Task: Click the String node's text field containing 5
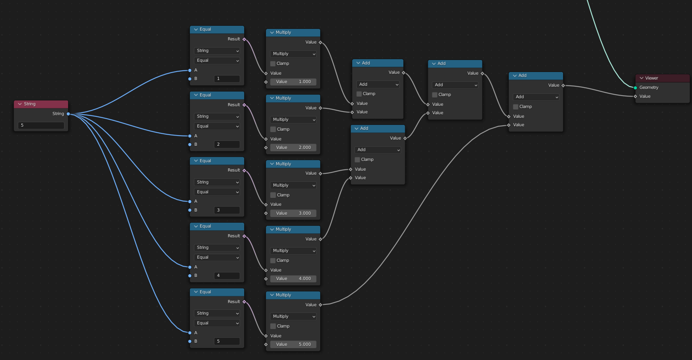pos(41,126)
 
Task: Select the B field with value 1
pos(227,79)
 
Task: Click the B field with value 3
pos(227,210)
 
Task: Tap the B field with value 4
pos(227,276)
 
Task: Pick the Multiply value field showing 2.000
pos(294,148)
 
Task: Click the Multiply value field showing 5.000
pos(294,344)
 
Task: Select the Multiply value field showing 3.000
pos(294,213)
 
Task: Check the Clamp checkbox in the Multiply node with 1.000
pos(273,64)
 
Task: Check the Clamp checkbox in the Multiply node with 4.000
pos(273,260)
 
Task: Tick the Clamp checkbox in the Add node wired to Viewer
pos(515,107)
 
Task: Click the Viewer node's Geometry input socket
pos(636,88)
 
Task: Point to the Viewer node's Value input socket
pos(636,96)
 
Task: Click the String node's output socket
pos(68,114)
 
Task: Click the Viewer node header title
pos(652,78)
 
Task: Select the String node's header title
pos(30,104)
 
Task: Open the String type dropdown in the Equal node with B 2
pos(217,116)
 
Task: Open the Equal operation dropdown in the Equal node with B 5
pos(217,323)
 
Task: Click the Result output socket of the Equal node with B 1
pos(244,39)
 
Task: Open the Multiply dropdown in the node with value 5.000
pos(293,316)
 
